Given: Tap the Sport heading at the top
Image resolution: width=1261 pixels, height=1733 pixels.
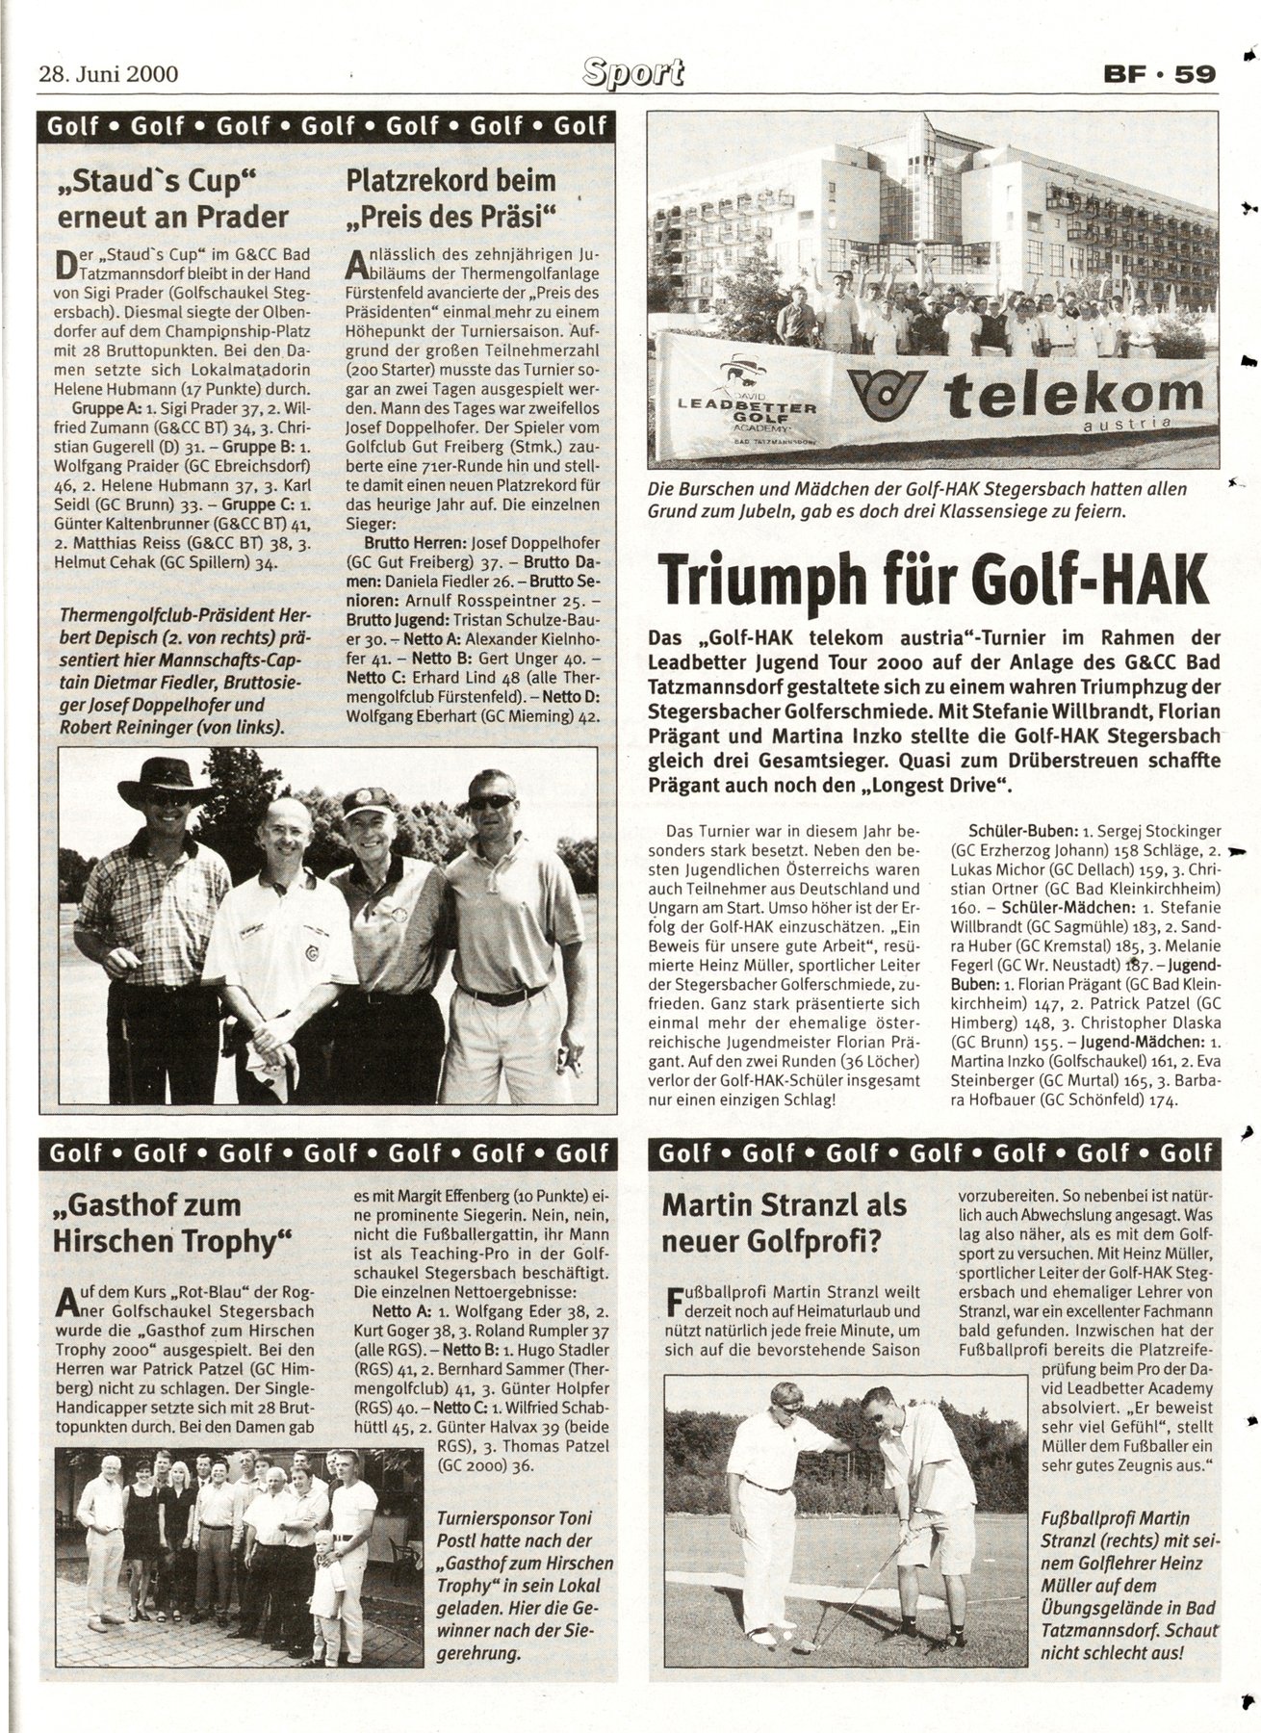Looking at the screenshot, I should point(632,71).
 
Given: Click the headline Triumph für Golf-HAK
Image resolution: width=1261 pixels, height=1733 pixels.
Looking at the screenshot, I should point(931,580).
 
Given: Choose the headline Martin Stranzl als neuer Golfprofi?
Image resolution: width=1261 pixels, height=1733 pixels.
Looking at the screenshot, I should point(785,1223).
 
